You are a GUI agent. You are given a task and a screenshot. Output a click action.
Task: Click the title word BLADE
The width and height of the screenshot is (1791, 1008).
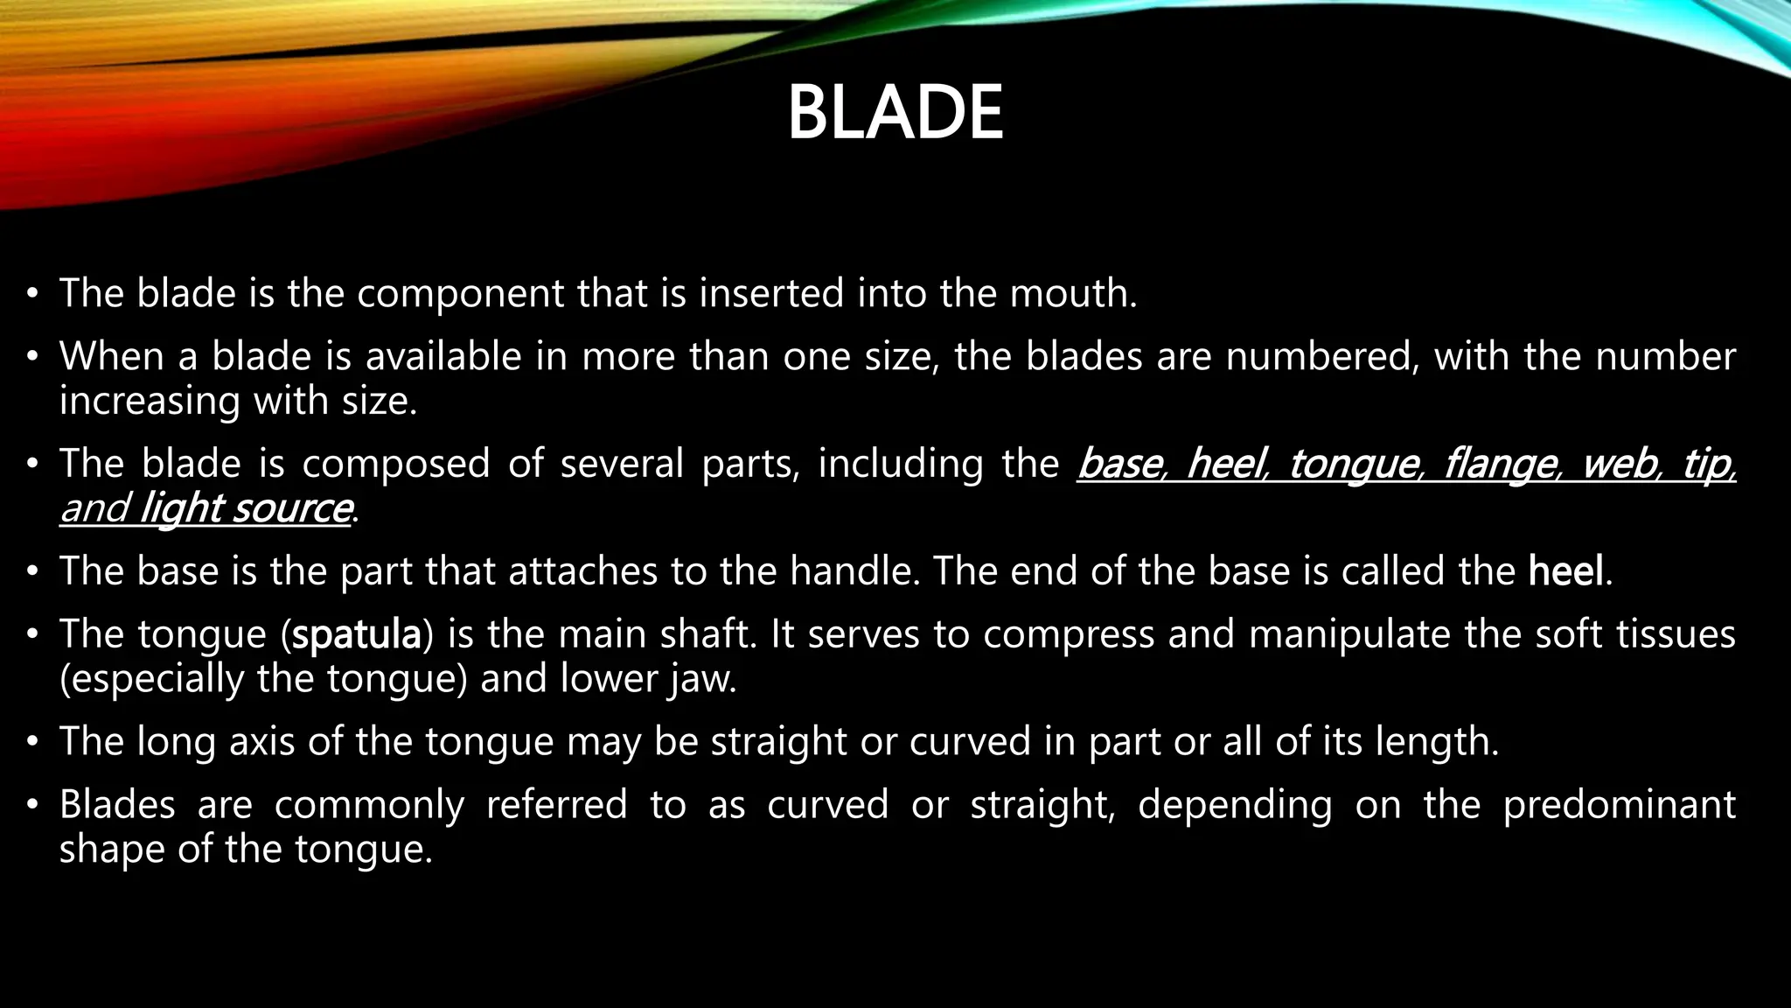(x=895, y=113)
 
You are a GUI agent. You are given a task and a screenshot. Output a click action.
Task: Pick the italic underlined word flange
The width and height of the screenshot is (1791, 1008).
(x=1501, y=464)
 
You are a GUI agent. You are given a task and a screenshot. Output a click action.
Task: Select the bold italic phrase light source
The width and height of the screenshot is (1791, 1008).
(x=246, y=508)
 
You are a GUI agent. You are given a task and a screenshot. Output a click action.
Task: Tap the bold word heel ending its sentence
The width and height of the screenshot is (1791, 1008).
(x=1566, y=571)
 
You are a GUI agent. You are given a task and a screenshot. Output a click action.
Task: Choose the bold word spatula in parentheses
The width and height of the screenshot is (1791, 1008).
(x=356, y=634)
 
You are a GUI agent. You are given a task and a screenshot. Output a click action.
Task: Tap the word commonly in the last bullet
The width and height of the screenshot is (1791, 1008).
(x=369, y=805)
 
